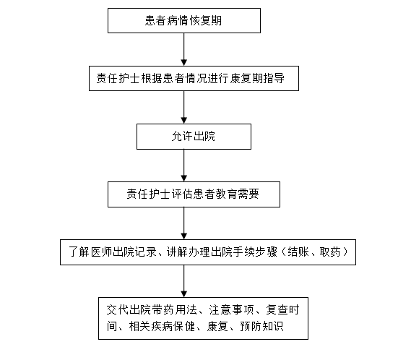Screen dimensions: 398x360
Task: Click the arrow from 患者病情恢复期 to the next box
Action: pyautogui.click(x=184, y=49)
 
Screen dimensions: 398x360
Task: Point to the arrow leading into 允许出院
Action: pyautogui.click(x=184, y=107)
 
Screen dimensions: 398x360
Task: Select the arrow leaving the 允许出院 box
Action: pyautogui.click(x=184, y=166)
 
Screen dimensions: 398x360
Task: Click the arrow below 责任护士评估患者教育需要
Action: pyautogui.click(x=184, y=223)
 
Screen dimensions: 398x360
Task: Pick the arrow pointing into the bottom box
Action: pyautogui.click(x=184, y=281)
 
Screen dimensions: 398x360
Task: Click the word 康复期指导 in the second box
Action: pyautogui.click(x=257, y=78)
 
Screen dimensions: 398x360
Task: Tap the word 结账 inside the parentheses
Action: pyautogui.click(x=298, y=252)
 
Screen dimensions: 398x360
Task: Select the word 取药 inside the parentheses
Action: pyautogui.click(x=330, y=252)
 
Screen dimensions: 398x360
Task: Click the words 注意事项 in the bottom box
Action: pyautogui.click(x=231, y=310)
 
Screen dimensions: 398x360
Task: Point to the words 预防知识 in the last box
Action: pyautogui.click(x=261, y=326)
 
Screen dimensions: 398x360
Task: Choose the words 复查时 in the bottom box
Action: pyautogui.click(x=282, y=310)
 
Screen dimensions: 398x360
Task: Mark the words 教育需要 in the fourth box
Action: pyautogui.click(x=238, y=194)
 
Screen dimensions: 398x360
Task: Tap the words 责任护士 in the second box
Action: pyautogui.click(x=118, y=78)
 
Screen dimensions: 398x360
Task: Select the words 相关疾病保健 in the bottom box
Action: pyautogui.click(x=162, y=326)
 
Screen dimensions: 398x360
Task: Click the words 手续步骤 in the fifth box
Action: pyautogui.click(x=255, y=252)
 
